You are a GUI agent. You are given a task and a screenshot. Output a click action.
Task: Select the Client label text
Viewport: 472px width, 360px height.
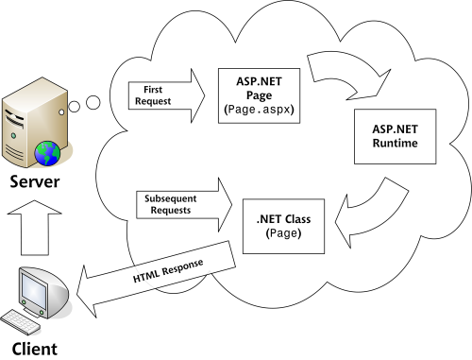coord(35,349)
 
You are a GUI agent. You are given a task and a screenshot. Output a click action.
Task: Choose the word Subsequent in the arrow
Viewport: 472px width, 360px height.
coord(172,199)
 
